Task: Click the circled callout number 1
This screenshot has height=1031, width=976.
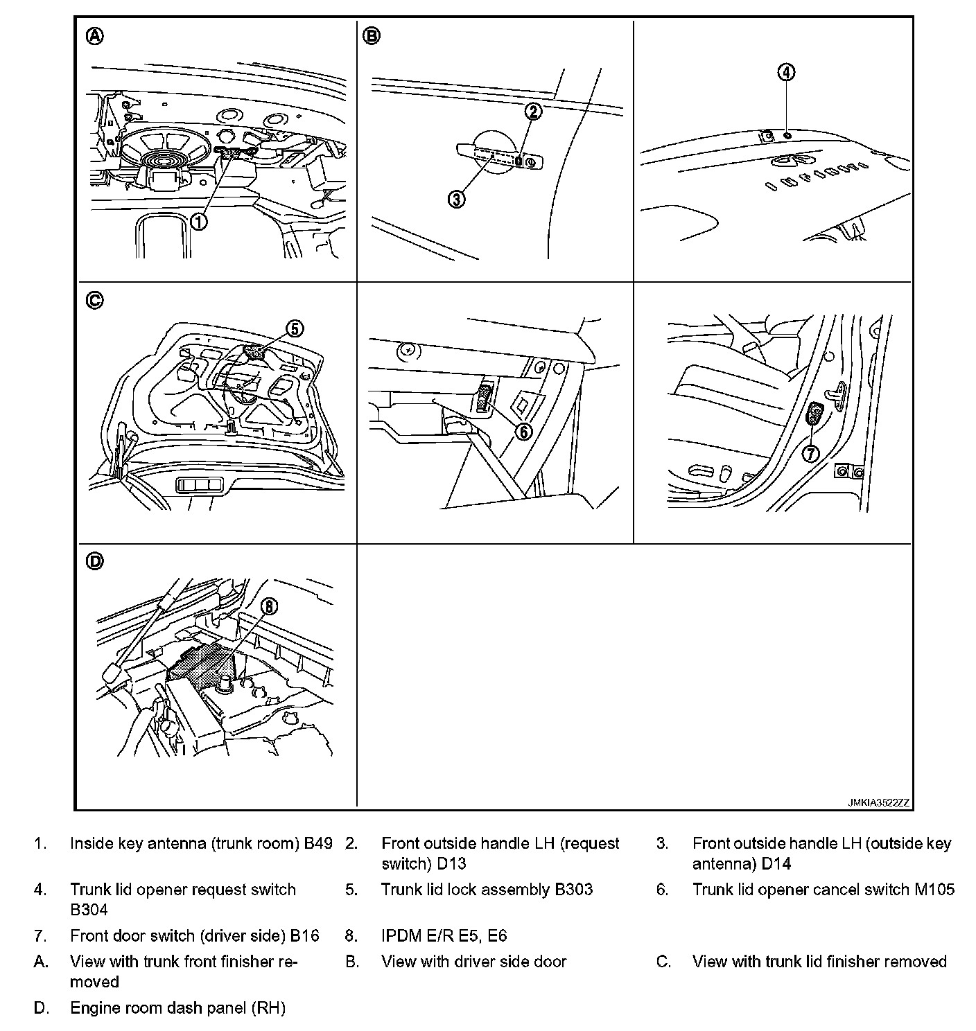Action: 199,221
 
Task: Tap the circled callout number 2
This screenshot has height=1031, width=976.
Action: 532,111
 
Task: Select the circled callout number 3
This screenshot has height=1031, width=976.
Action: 455,200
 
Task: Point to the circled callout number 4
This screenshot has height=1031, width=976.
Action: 786,72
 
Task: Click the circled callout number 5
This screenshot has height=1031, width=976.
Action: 295,328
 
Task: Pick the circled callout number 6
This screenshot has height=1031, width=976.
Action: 523,431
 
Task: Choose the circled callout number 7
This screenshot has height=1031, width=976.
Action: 810,453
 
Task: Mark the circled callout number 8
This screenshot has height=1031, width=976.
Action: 269,607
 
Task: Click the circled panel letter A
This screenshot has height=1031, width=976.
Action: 95,36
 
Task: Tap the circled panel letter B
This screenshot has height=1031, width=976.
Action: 372,36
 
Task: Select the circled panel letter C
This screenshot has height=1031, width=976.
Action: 95,300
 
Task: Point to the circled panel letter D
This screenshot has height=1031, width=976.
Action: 95,561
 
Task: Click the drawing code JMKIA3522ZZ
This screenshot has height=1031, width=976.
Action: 878,802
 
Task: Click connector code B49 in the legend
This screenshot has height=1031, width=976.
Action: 318,843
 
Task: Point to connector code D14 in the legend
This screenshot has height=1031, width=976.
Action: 776,863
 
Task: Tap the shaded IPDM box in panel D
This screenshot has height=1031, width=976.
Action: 202,662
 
